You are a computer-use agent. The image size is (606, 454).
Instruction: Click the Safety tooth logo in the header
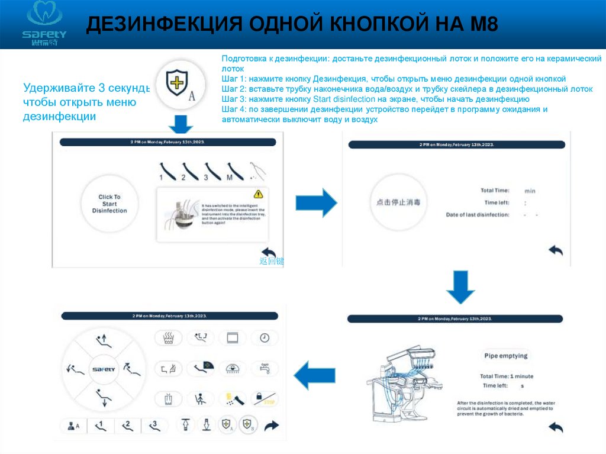(x=44, y=23)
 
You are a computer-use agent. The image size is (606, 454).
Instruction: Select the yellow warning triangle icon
(x=258, y=194)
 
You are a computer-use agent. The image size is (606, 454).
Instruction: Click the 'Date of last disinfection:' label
(x=477, y=215)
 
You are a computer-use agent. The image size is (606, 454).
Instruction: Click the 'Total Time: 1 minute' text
(x=507, y=376)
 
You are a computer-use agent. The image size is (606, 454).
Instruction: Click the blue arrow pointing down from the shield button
(x=181, y=125)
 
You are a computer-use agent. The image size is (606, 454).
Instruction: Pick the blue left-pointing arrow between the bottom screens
(x=315, y=375)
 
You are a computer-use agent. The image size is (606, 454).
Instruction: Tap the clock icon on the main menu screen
(x=265, y=338)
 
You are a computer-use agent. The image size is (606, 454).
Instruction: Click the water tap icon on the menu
(x=265, y=368)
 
